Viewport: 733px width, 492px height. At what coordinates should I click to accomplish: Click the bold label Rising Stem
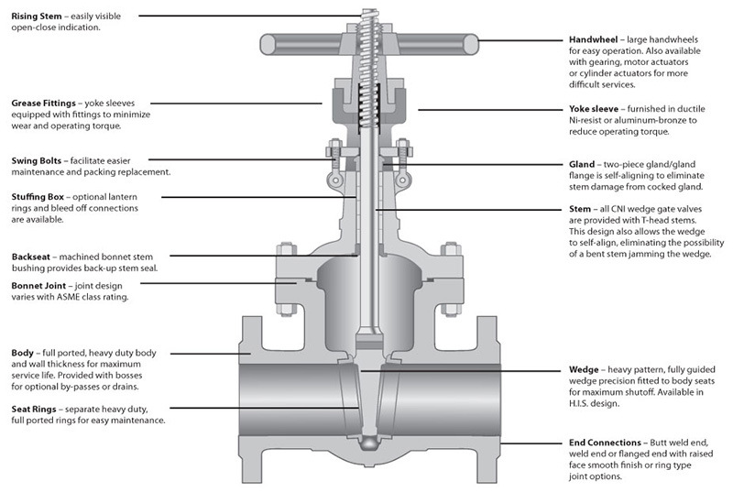(38, 16)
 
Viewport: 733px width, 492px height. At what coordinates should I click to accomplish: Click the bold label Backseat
(34, 257)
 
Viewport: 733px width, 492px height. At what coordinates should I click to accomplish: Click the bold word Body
(23, 352)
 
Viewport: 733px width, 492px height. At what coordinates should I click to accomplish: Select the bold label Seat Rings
(38, 409)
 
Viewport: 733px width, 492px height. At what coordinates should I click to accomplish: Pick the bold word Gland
(582, 165)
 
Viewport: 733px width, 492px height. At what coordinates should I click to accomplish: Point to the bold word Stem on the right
(580, 209)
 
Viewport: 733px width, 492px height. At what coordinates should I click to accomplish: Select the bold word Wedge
(585, 370)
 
